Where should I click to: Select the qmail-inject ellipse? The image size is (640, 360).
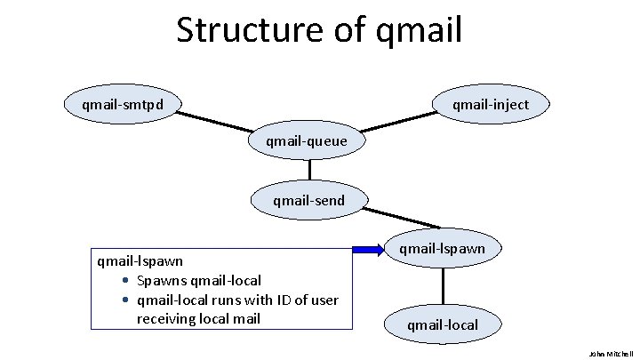490,105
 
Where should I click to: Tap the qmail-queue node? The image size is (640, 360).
306,140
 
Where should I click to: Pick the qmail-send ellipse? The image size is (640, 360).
308,200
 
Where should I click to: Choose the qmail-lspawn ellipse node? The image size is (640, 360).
442,249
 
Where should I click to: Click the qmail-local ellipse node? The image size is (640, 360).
442,324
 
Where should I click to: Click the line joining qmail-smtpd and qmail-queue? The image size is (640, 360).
213,123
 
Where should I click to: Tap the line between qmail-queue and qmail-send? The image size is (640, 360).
309,171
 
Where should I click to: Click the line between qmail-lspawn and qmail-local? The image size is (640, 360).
442,287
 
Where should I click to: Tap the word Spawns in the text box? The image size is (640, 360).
161,281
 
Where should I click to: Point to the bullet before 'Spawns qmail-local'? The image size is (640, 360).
127,282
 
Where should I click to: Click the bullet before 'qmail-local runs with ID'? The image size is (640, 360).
127,300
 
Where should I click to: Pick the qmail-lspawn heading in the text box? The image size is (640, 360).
140,261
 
